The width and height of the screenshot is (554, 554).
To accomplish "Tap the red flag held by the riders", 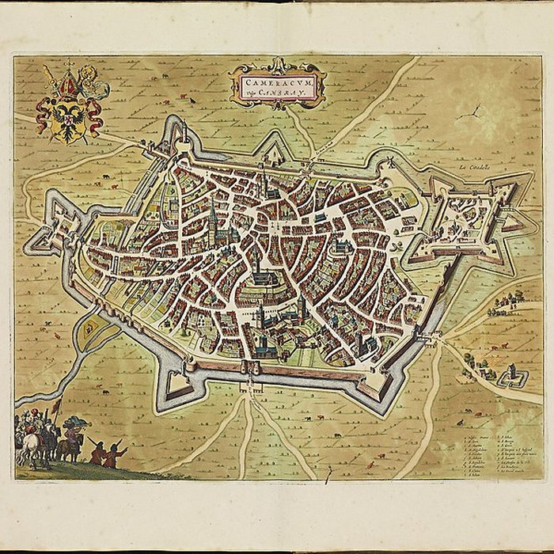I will pos(55,408).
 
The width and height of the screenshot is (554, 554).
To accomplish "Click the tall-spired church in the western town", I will pos(212,222).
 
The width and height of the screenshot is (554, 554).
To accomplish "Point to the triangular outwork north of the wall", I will pos(273,148).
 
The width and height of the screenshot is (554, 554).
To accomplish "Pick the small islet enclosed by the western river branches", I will pos(88,327).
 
